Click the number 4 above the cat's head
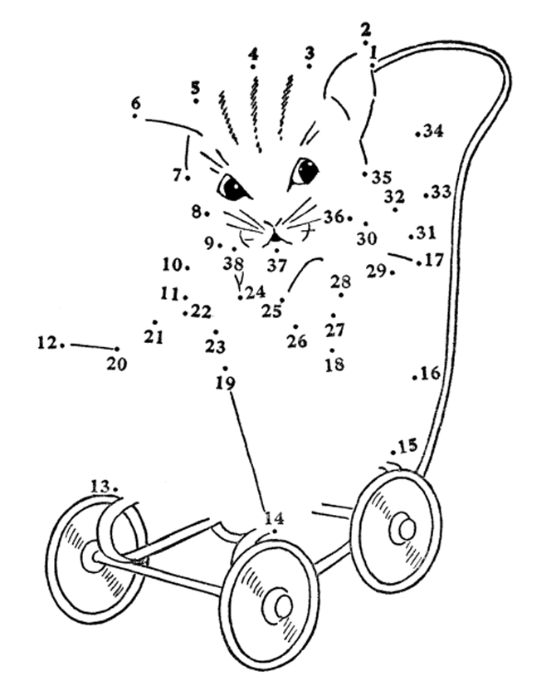click(x=253, y=54)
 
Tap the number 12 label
click(x=48, y=341)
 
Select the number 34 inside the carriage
click(x=433, y=131)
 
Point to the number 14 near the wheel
click(x=275, y=518)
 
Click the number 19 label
click(x=225, y=383)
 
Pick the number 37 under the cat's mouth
click(x=276, y=266)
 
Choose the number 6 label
click(x=135, y=104)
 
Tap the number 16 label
click(x=430, y=374)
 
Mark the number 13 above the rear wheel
click(x=100, y=485)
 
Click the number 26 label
click(x=297, y=340)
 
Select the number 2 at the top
click(x=366, y=28)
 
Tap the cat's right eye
click(x=303, y=171)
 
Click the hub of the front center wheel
click(x=279, y=606)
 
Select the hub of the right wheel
click(x=404, y=527)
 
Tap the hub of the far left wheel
click(x=90, y=556)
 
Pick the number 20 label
click(x=117, y=364)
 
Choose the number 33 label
click(x=441, y=192)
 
